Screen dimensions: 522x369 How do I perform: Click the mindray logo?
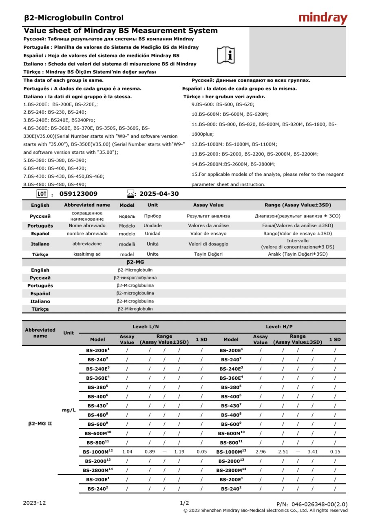coord(323,18)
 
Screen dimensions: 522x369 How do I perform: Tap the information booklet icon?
coord(226,55)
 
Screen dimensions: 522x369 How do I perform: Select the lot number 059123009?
coord(78,194)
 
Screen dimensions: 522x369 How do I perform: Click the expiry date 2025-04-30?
coord(159,194)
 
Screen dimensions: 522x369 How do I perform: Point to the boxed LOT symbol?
coord(42,194)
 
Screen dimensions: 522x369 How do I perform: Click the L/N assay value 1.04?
coord(127,451)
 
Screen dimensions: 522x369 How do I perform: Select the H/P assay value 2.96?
coord(261,451)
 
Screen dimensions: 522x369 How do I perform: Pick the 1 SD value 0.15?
coord(335,451)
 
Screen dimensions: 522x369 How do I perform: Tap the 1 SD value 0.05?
coord(201,451)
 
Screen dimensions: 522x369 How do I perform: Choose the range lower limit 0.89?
coord(150,451)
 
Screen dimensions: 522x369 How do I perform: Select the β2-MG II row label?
coord(40,424)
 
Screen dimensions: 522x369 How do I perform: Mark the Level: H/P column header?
coord(279,327)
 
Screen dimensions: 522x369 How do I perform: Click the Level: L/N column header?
coord(146,327)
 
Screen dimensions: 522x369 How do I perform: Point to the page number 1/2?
coord(184,503)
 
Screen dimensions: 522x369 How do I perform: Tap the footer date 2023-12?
coord(34,503)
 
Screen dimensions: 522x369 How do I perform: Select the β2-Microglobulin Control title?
coord(74,18)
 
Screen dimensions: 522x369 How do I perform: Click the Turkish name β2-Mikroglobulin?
coord(135,309)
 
